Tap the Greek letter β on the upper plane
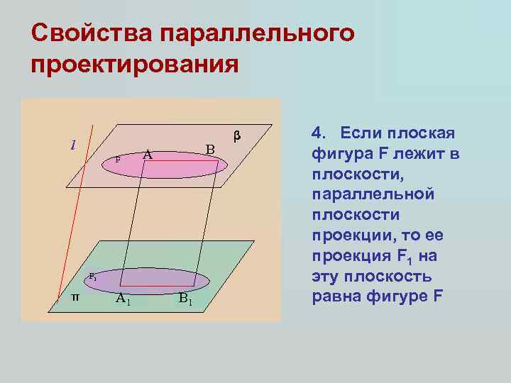(x=238, y=135)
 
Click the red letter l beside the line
(x=73, y=145)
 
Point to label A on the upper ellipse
(x=147, y=153)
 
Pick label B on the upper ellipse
(x=209, y=150)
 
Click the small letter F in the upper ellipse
(x=118, y=160)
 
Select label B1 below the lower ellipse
(x=185, y=299)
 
